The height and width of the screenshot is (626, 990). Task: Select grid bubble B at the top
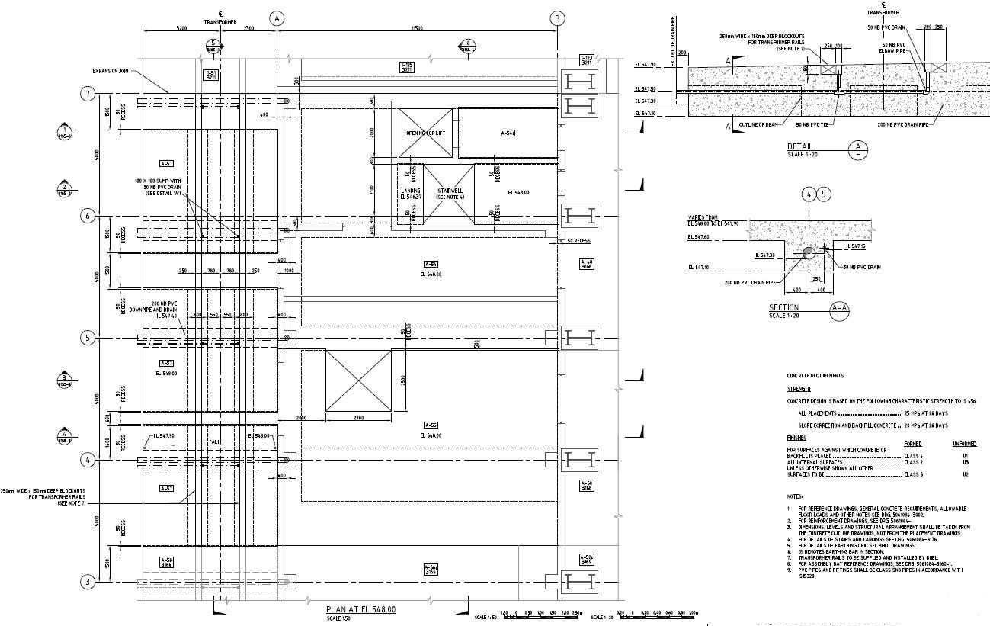tap(558, 18)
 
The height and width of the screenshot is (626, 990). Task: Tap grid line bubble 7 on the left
tap(88, 94)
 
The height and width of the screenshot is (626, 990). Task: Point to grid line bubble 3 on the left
tap(88, 582)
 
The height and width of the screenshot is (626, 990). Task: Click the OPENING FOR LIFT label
tap(425, 133)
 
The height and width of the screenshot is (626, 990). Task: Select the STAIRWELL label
tap(445, 191)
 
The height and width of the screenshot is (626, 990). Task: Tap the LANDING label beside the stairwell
tap(410, 191)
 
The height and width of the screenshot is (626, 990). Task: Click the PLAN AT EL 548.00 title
tap(360, 609)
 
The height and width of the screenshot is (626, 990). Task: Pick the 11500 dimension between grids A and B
tap(417, 28)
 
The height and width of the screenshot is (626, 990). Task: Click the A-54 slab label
tap(429, 265)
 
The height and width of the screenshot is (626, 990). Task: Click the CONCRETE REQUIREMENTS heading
tap(815, 376)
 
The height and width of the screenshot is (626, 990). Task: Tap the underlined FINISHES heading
tap(796, 438)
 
